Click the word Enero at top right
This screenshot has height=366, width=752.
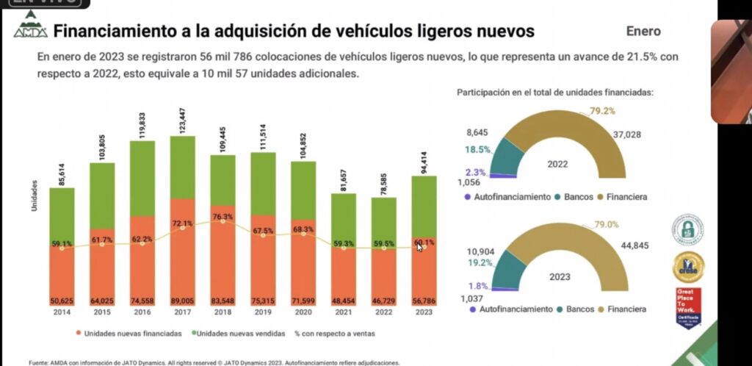click(x=643, y=32)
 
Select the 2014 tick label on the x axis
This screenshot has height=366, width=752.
click(x=62, y=312)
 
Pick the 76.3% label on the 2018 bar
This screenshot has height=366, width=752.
click(x=222, y=217)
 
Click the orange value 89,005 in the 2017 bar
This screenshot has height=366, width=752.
click(x=182, y=301)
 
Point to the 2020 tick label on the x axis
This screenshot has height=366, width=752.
click(x=303, y=312)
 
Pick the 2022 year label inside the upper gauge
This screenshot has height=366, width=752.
click(x=558, y=165)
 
